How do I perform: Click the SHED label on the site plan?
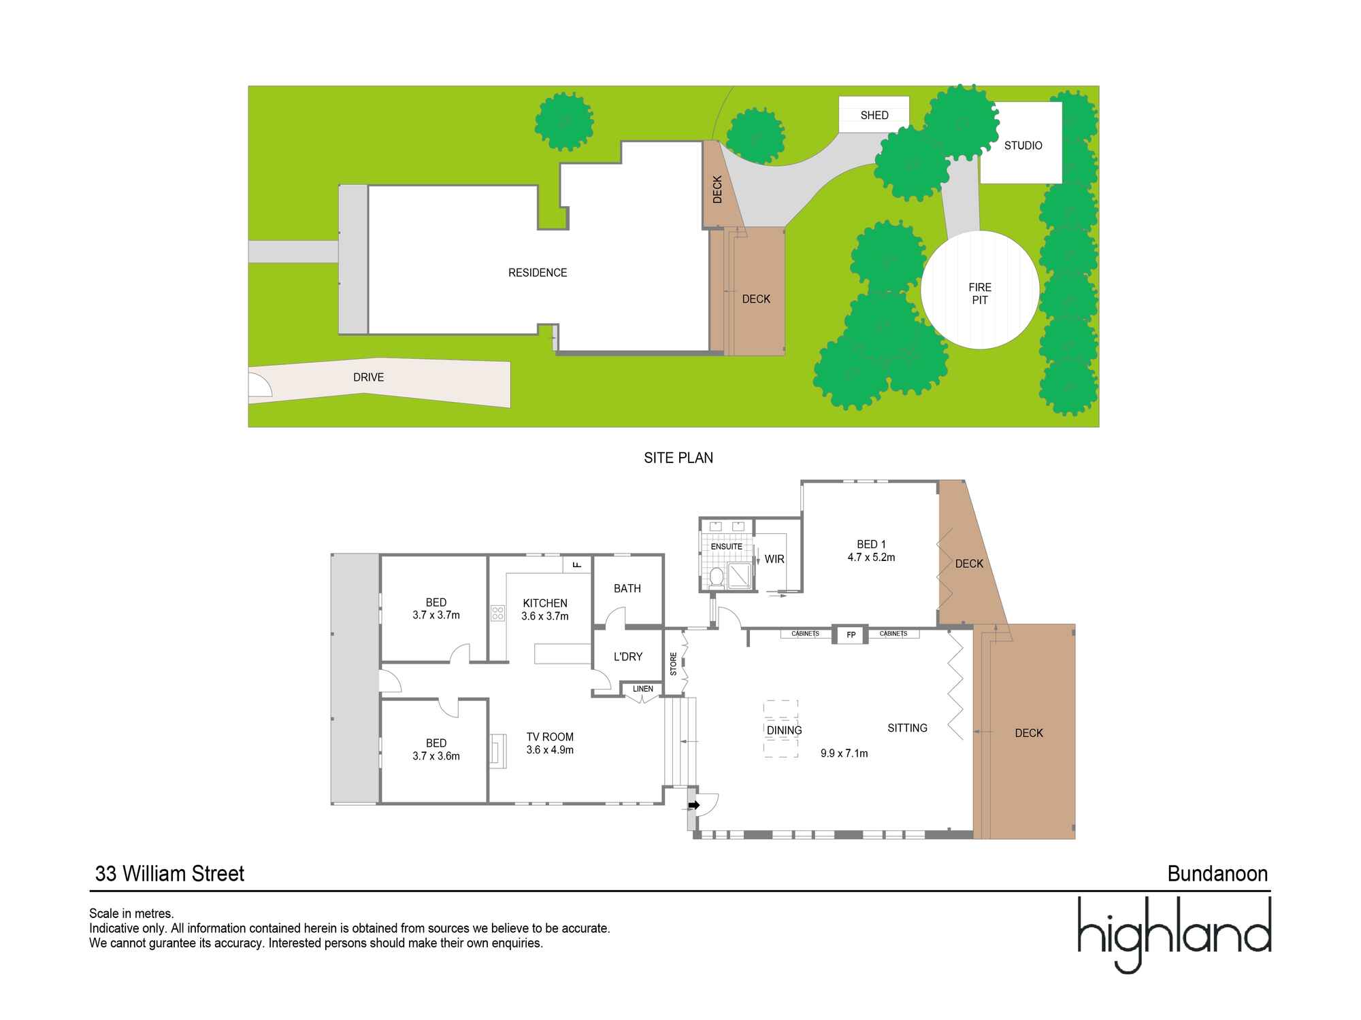[874, 116]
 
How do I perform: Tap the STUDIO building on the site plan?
[1022, 145]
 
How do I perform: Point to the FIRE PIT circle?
[980, 290]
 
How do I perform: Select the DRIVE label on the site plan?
[368, 377]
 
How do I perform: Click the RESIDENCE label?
[538, 273]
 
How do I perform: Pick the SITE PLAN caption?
[678, 458]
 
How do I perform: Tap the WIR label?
[774, 559]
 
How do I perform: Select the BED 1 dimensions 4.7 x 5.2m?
[871, 558]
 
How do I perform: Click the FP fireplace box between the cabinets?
[851, 634]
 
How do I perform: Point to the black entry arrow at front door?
[694, 805]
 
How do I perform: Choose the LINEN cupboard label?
[643, 689]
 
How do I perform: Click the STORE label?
[674, 664]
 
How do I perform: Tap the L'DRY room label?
[627, 657]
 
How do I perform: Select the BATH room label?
[627, 589]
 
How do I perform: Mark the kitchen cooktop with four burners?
[497, 613]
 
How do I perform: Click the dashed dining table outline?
[781, 729]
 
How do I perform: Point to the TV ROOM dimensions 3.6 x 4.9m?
[550, 750]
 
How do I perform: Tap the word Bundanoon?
[1217, 874]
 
